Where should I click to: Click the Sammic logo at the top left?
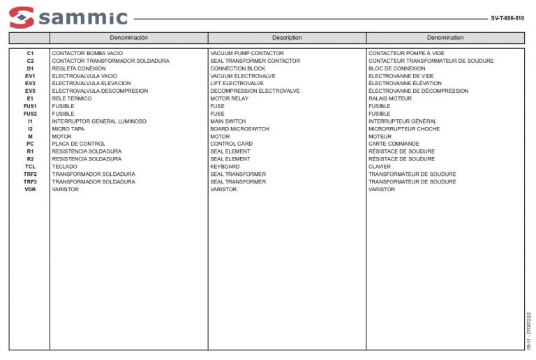(68, 17)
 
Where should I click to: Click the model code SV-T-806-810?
(507, 18)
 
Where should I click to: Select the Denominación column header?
(128, 38)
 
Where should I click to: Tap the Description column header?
(287, 38)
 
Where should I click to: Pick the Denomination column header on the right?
(445, 38)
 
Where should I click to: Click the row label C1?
(30, 53)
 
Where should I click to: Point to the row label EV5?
(30, 91)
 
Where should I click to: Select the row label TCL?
(30, 167)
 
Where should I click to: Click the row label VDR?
(30, 189)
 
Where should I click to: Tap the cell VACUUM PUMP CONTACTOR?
(247, 53)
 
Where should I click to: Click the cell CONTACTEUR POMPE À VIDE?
(406, 53)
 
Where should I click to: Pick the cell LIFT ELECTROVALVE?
(237, 83)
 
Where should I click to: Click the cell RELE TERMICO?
(72, 98)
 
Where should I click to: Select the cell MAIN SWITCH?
(228, 121)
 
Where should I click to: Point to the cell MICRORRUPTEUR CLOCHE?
(404, 129)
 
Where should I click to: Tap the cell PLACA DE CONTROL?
(79, 144)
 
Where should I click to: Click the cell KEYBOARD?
(225, 167)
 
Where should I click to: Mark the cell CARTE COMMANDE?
(394, 144)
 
